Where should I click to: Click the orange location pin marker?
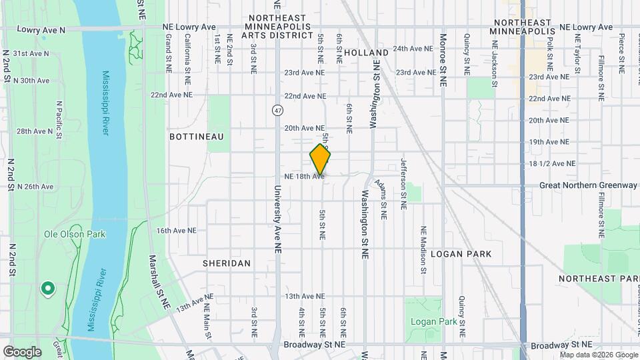320,159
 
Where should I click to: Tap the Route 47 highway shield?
276,109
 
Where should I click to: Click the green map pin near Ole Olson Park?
47,289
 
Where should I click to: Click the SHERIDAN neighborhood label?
227,263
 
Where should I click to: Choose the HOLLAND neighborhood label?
366,52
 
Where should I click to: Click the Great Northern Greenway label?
588,185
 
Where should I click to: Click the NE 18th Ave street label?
303,176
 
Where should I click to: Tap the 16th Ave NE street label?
176,230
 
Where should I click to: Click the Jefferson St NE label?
403,184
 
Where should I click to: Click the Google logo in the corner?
22,351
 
